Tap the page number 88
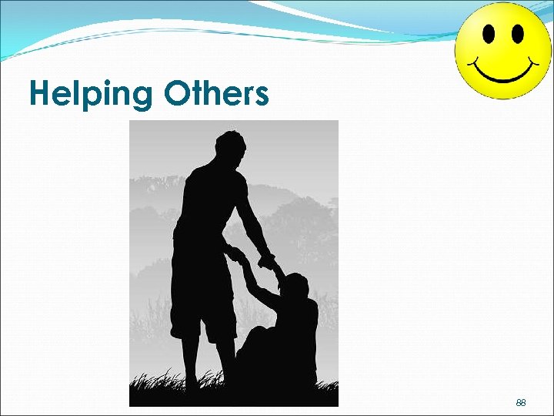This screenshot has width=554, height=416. pos(521,403)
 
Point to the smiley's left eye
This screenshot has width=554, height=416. pos(487,33)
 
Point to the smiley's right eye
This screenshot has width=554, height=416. pos(517,33)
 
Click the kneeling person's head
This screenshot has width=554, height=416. pos(294,287)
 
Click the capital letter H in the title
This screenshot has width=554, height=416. pos(39,94)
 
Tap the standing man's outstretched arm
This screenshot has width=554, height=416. pos(254,223)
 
